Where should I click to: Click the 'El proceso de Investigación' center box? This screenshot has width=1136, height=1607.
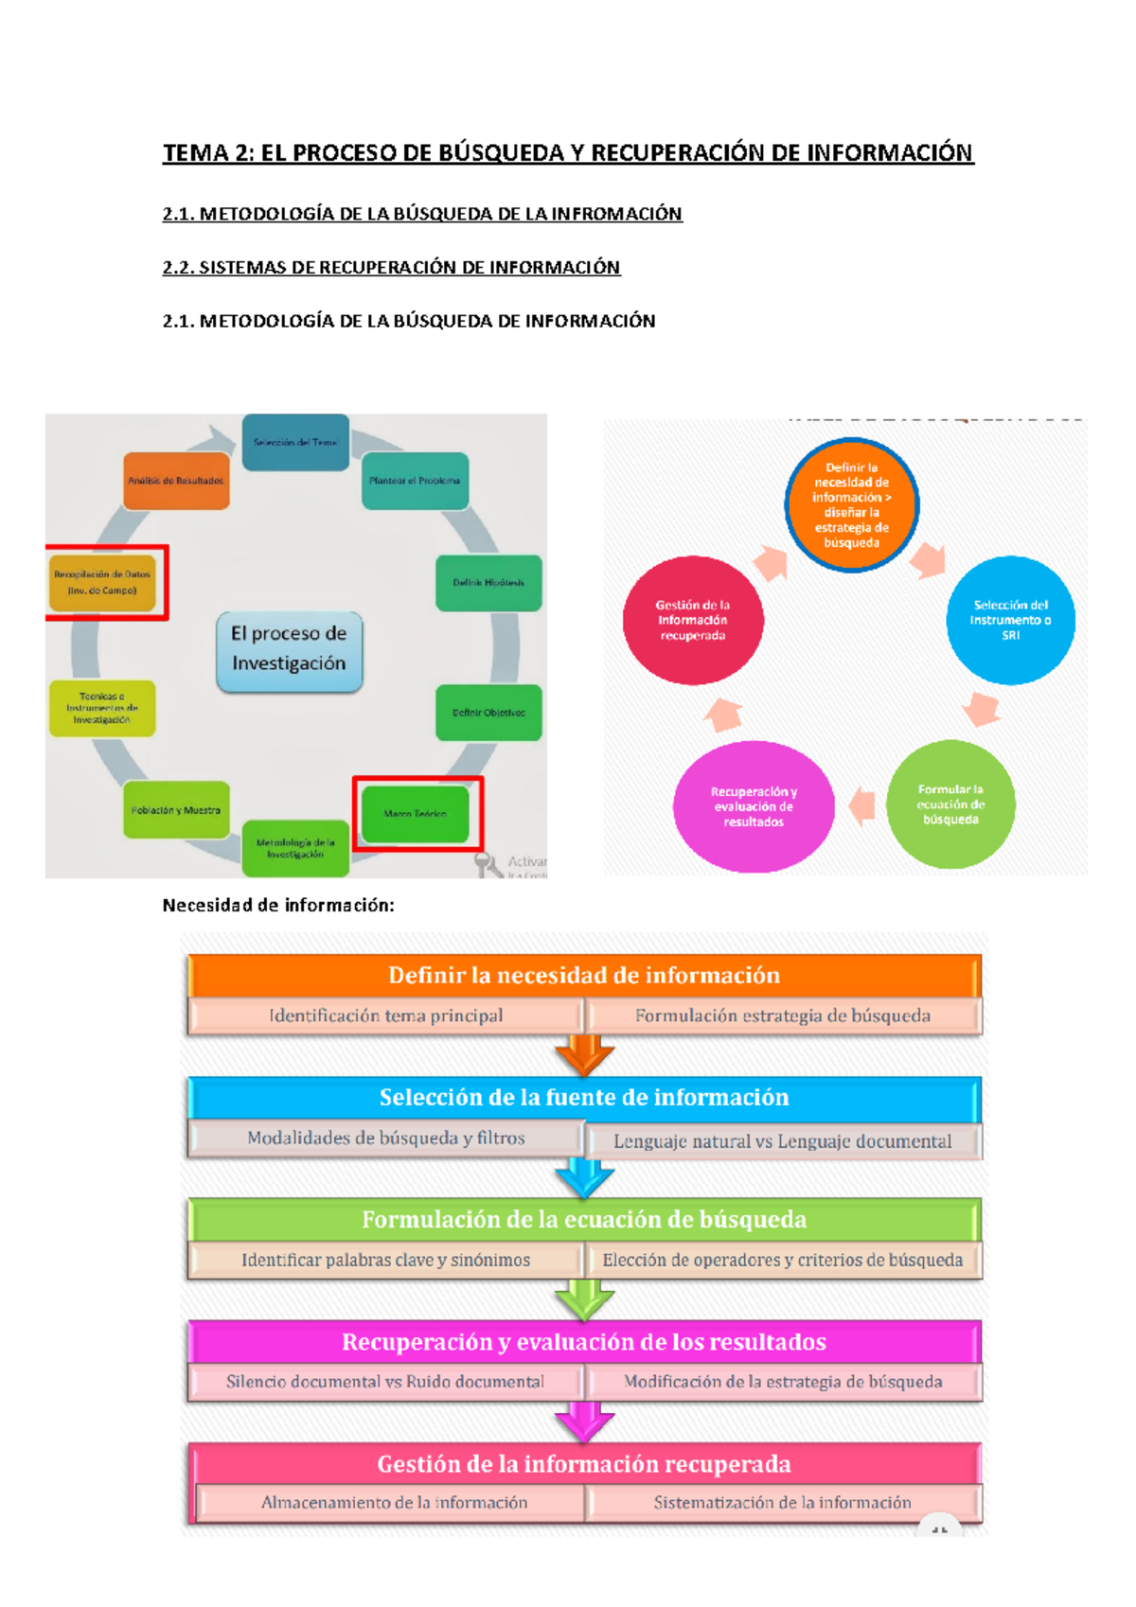click(x=289, y=649)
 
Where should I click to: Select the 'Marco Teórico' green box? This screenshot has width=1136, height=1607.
click(x=415, y=814)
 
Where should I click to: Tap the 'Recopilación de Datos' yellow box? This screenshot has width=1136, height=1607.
click(x=102, y=582)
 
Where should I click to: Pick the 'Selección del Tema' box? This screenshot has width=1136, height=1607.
click(x=295, y=442)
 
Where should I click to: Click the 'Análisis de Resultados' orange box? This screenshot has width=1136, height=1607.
click(x=176, y=481)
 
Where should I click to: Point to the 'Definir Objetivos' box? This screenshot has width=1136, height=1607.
click(x=488, y=713)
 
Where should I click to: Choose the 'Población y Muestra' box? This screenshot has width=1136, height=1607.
click(x=176, y=810)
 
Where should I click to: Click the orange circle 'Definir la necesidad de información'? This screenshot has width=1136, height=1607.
click(x=851, y=505)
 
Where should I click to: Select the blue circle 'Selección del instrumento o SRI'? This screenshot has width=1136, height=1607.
click(x=1010, y=620)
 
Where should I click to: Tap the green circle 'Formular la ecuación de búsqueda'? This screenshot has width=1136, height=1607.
click(x=950, y=804)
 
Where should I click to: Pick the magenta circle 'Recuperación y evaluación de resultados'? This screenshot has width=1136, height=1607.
click(x=754, y=806)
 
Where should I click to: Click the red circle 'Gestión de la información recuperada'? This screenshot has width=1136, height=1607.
click(x=693, y=620)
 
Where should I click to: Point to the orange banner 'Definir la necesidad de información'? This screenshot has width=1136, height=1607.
click(x=584, y=976)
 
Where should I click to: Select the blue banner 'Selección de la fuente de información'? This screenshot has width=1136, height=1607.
click(x=584, y=1098)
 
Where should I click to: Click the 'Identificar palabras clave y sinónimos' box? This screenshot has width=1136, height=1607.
click(x=385, y=1261)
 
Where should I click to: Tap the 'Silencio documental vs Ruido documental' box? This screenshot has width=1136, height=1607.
click(x=385, y=1382)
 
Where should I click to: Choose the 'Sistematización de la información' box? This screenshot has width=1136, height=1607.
click(x=782, y=1503)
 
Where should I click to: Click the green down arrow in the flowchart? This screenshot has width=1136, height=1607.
click(x=584, y=1300)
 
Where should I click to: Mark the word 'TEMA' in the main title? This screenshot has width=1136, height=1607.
click(x=196, y=153)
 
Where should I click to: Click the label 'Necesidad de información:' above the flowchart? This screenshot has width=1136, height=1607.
click(x=278, y=906)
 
